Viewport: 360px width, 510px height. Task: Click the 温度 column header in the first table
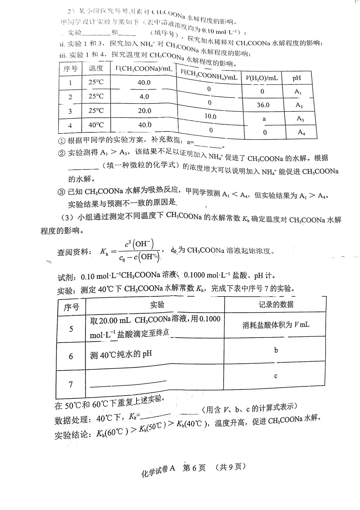96,68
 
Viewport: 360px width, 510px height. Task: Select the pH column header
297,78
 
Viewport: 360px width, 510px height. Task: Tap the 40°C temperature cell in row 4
96,125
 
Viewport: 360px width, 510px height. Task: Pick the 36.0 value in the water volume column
263,105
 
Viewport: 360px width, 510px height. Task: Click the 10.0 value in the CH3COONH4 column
210,116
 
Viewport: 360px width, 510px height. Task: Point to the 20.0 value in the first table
144,111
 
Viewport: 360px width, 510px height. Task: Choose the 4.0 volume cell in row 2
144,96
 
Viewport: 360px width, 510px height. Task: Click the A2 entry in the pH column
299,105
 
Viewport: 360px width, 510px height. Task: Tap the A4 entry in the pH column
301,132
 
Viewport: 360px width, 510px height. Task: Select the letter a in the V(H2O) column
264,119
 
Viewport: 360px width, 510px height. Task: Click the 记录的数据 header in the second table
276,304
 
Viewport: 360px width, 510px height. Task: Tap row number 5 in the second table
71,329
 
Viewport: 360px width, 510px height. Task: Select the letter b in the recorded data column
276,350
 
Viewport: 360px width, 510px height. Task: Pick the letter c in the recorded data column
276,376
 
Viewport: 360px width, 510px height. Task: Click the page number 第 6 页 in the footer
194,468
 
